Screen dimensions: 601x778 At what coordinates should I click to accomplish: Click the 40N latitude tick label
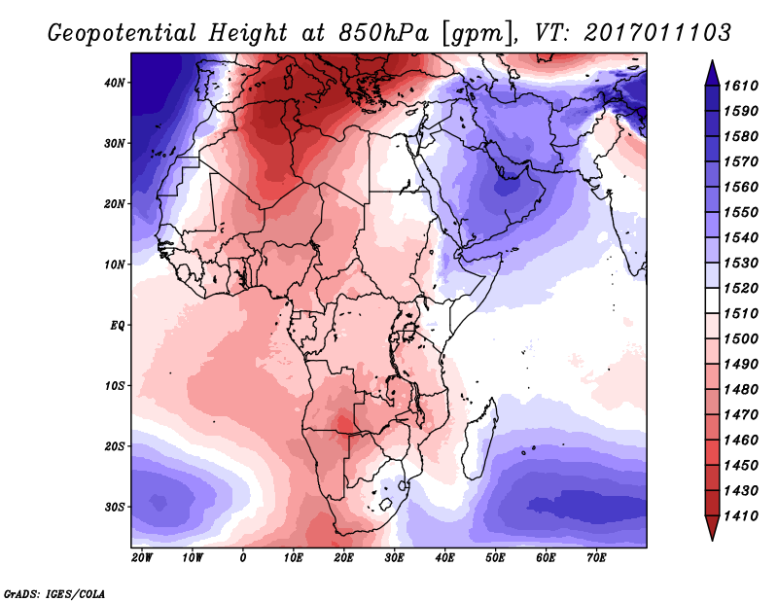point(115,83)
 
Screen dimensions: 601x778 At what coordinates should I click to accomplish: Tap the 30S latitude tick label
point(115,507)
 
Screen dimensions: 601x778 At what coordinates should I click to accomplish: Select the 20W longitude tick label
point(141,557)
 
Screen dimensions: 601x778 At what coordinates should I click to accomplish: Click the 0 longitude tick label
point(243,557)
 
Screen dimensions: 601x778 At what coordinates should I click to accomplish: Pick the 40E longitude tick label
point(444,557)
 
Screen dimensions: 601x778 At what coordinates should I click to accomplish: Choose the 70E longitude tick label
point(596,557)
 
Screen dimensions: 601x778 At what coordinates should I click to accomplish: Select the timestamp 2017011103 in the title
point(658,32)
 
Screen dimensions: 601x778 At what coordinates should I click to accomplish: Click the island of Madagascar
point(480,426)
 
